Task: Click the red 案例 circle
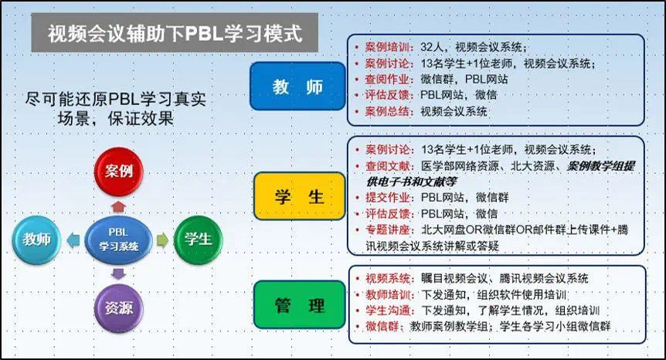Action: (118, 172)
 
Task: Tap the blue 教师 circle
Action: (36, 239)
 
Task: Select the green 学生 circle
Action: (199, 239)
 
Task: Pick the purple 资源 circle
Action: (118, 308)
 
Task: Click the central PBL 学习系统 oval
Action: (118, 239)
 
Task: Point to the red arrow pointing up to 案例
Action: (118, 206)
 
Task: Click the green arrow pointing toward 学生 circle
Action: (163, 239)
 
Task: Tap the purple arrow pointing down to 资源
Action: (118, 273)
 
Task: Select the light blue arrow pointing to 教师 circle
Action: (73, 239)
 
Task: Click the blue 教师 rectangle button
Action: (297, 87)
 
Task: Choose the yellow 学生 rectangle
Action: (300, 196)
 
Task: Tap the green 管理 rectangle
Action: (300, 305)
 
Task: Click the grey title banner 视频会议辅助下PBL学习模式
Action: (175, 32)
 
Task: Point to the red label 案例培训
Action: (388, 47)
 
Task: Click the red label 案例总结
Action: (388, 111)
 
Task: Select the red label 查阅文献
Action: (389, 166)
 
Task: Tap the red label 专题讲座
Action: (389, 229)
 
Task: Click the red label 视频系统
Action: (389, 278)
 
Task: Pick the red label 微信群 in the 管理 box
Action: (382, 327)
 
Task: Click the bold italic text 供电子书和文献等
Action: (412, 182)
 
